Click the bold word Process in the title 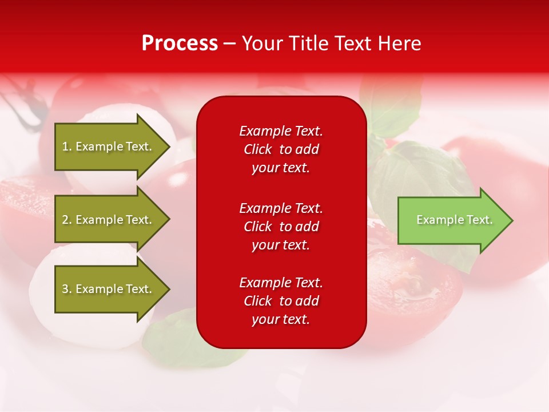pos(180,43)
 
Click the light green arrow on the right pos(452,220)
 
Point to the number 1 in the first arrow pos(65,146)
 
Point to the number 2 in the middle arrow pos(65,220)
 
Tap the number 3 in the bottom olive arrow pos(65,289)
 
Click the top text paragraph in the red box pos(281,149)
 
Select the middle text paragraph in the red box pos(281,227)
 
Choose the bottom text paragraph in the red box pos(281,301)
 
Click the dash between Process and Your pos(229,43)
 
